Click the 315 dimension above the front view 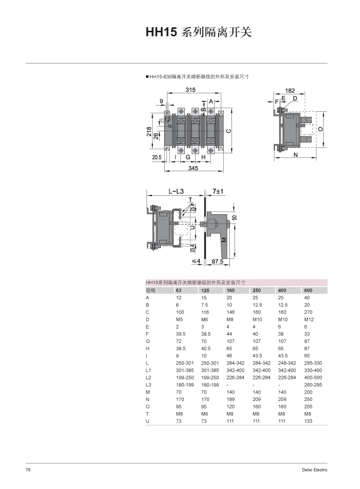(x=190, y=90)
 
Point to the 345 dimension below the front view (x=193, y=168)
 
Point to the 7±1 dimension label (x=219, y=191)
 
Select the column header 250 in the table (x=257, y=290)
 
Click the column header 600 (x=308, y=290)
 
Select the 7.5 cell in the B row (x=204, y=305)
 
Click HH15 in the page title (x=161, y=33)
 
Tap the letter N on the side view (x=296, y=154)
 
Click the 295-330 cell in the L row (x=312, y=363)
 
